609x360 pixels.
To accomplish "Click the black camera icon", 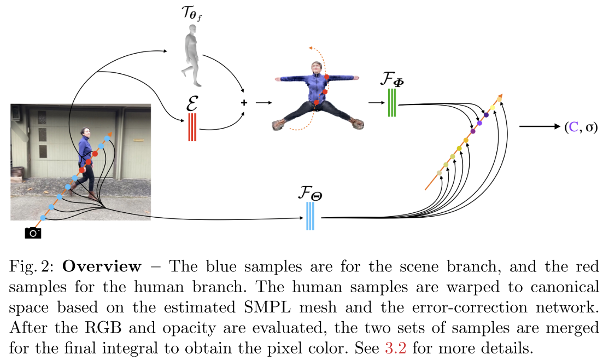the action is pyautogui.click(x=33, y=233).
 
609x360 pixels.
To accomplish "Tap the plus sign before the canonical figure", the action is pyautogui.click(x=243, y=102).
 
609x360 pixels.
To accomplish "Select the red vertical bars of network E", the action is pyautogui.click(x=192, y=127).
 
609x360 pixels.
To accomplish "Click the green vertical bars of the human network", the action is pyautogui.click(x=391, y=102).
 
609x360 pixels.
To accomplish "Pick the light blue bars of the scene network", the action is pyautogui.click(x=310, y=217).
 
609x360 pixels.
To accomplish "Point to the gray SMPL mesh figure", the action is pyautogui.click(x=190, y=58).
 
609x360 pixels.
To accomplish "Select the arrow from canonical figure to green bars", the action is pyautogui.click(x=375, y=102).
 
